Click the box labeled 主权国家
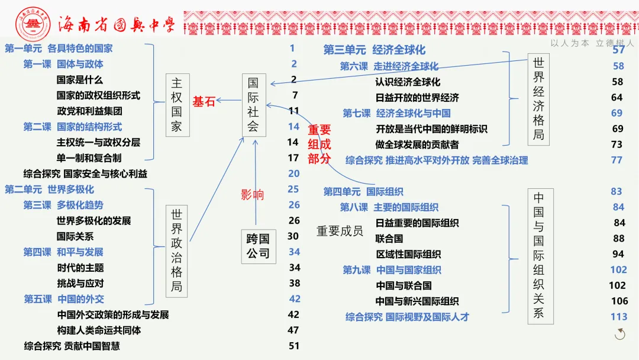click(x=176, y=105)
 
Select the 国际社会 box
click(x=253, y=105)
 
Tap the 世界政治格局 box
click(x=176, y=250)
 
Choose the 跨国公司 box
click(x=258, y=246)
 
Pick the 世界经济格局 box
click(x=538, y=99)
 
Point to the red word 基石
click(x=204, y=101)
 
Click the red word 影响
click(x=252, y=195)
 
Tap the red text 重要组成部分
click(x=319, y=144)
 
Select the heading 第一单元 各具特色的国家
click(x=59, y=49)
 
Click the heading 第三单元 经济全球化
click(x=374, y=50)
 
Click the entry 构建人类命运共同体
click(x=99, y=330)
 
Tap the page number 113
click(x=619, y=317)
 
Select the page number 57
click(x=619, y=50)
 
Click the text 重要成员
click(x=340, y=231)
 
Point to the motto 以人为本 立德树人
click(x=592, y=43)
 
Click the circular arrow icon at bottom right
click(x=620, y=335)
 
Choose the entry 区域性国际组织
click(x=408, y=255)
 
